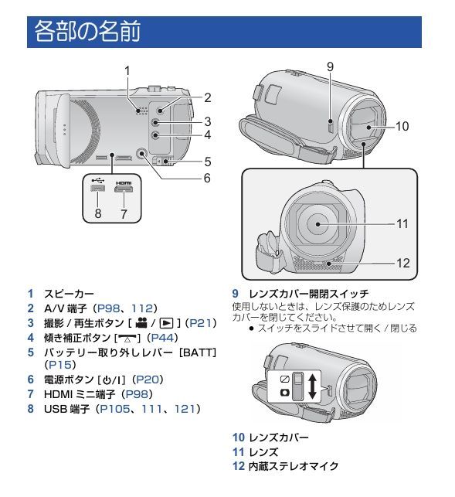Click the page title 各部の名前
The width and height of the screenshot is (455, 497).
pos(86,33)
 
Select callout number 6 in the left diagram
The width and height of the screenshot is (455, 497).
pos(206,178)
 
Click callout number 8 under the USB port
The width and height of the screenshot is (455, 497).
pos(98,213)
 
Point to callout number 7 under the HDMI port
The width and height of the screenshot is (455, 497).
pos(124,213)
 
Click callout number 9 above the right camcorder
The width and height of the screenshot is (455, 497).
pos(330,67)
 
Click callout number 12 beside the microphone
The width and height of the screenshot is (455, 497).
pos(402,263)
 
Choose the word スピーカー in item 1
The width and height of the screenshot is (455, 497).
pos(69,294)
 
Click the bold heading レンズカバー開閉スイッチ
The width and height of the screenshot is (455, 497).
pos(308,294)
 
